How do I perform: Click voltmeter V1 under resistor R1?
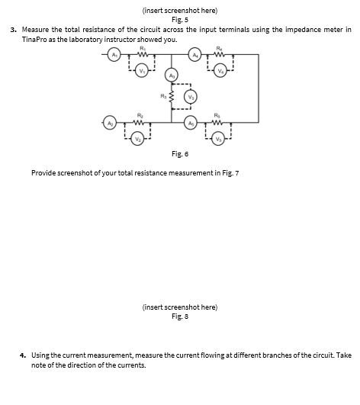[143, 72]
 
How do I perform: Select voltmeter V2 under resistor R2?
[138, 139]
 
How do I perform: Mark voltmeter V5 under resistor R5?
[218, 139]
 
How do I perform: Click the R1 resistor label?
[143, 47]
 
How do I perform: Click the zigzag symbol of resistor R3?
[171, 98]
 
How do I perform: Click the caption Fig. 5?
[180, 19]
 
